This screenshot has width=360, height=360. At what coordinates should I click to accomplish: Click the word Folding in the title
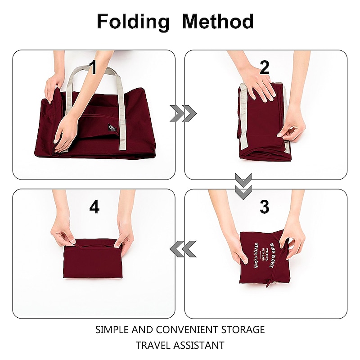(x=132, y=22)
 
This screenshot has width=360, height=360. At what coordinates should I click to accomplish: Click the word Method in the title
(x=218, y=22)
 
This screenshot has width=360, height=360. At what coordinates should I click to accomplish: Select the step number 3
(x=264, y=207)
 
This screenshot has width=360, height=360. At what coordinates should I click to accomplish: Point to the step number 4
(x=94, y=207)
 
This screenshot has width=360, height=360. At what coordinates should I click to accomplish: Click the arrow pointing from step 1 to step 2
(x=183, y=113)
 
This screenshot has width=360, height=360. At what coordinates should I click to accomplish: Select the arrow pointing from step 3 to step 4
(x=183, y=249)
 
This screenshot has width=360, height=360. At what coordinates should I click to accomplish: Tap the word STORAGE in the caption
(x=243, y=329)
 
